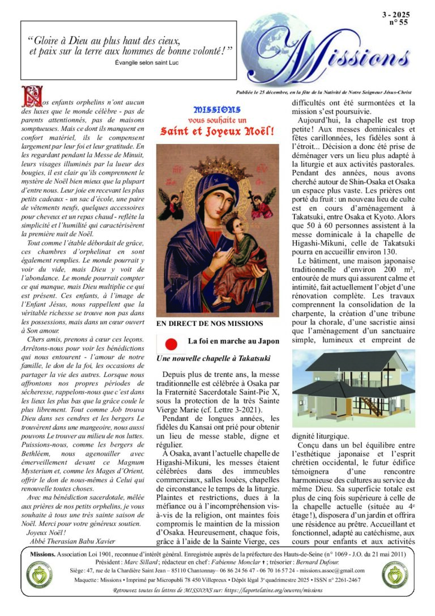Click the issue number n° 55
(398, 23)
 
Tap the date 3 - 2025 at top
(396, 15)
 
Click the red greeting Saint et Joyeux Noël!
(217, 131)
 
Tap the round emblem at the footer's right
(394, 576)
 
